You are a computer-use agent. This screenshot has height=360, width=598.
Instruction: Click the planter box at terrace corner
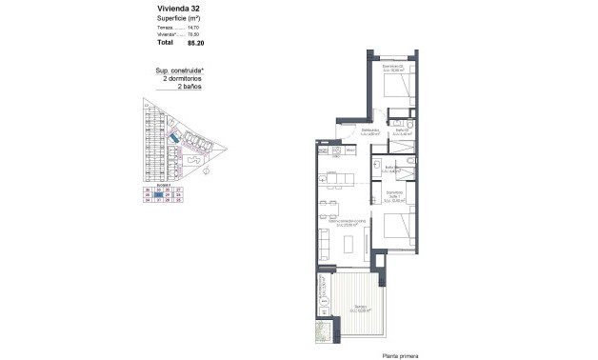tap(324, 333)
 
